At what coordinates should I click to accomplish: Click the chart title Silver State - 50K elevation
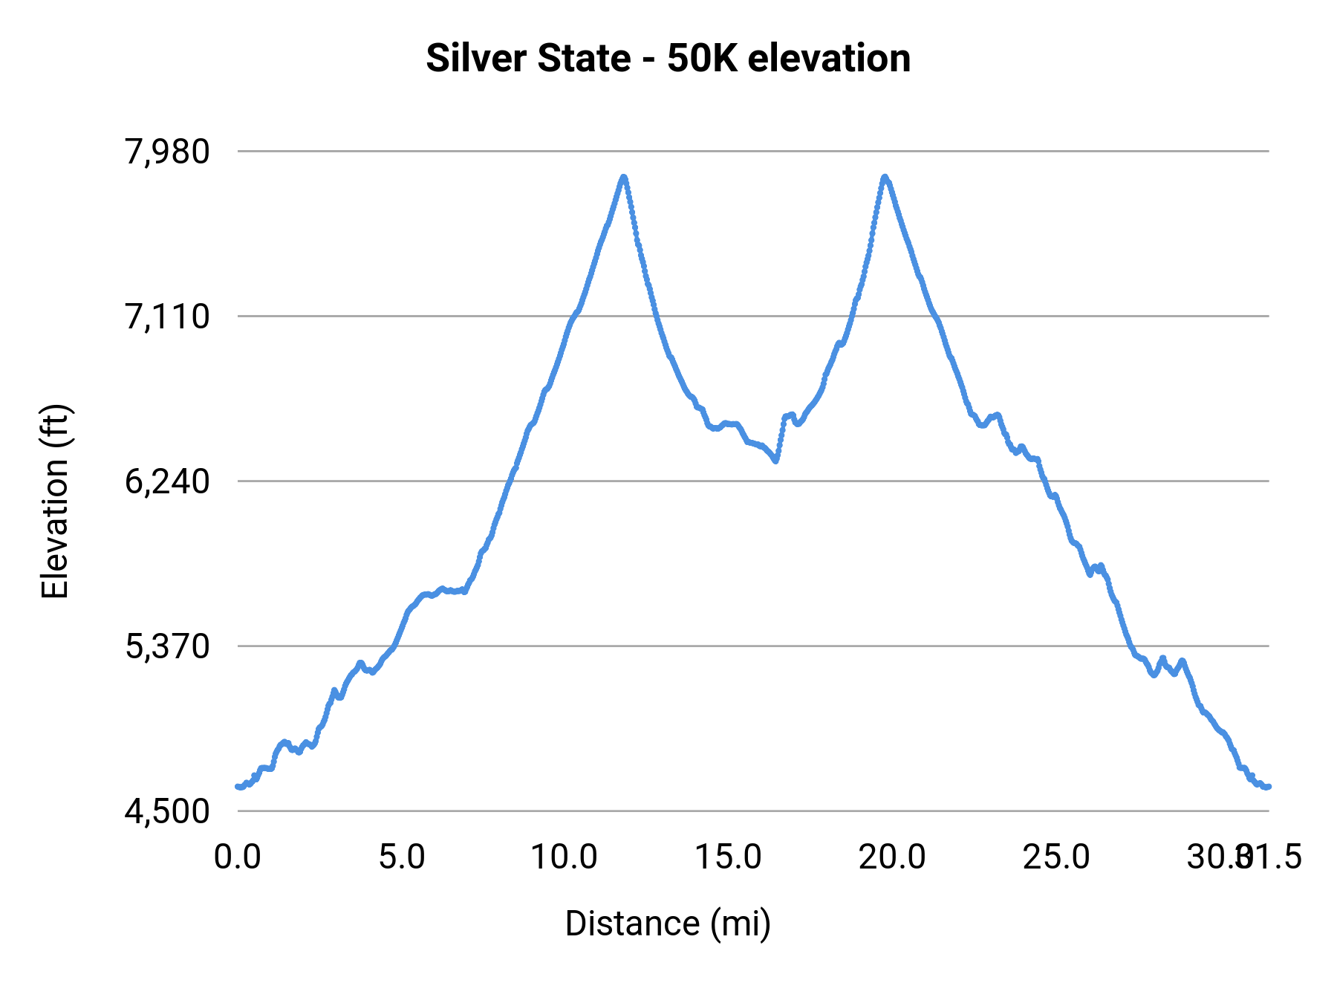(668, 59)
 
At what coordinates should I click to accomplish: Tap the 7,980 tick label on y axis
(168, 152)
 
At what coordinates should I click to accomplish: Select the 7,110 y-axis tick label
(168, 317)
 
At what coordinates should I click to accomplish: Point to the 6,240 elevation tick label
(168, 482)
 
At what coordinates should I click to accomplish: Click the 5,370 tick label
(168, 647)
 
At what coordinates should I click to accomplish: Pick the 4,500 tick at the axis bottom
(168, 811)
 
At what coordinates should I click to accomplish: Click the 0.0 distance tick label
(238, 857)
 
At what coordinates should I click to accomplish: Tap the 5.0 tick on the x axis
(402, 857)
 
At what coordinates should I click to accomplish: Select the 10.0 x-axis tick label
(565, 857)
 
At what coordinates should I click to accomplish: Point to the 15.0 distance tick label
(729, 857)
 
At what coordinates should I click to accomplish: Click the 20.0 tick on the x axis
(893, 857)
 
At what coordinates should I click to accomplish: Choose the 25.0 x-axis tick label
(1056, 857)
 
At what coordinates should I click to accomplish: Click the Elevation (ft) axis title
(55, 501)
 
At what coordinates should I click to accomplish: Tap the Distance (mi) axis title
(668, 924)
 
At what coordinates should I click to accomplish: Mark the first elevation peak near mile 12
(624, 177)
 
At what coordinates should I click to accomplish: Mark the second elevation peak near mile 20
(885, 177)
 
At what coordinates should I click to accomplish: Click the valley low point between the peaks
(775, 461)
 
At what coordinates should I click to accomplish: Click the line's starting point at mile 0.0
(238, 786)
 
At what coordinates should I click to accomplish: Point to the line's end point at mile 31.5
(1269, 786)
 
